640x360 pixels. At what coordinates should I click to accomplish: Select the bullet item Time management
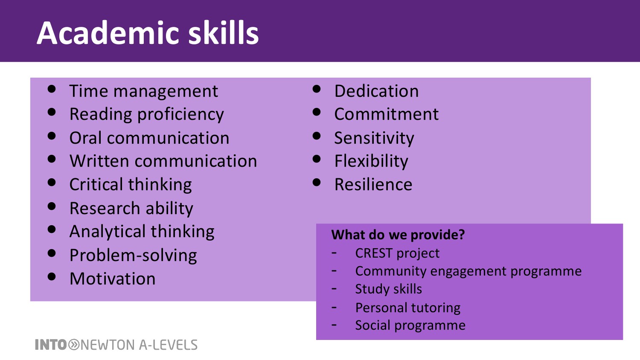tap(144, 91)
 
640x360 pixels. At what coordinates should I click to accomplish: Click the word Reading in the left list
tap(100, 115)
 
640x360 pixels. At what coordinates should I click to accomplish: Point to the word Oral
tap(86, 138)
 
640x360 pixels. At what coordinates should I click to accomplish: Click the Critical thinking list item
tap(131, 184)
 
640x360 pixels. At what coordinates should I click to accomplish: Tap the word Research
tap(105, 208)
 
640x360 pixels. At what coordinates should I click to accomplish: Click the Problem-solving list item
tap(133, 255)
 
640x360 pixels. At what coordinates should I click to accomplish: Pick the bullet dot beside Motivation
tap(52, 276)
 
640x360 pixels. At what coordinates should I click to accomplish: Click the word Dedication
tap(376, 91)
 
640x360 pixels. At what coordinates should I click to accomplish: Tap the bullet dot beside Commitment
tap(317, 112)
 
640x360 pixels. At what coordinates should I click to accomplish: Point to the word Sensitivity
tap(374, 138)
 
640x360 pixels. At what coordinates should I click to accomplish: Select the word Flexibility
tap(371, 161)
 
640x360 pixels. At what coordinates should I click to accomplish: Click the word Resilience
tap(373, 185)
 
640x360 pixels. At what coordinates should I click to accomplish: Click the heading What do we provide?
tap(398, 235)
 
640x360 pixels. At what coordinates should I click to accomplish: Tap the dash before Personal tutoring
tap(334, 308)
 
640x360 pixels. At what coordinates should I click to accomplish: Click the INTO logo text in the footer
tap(51, 345)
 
